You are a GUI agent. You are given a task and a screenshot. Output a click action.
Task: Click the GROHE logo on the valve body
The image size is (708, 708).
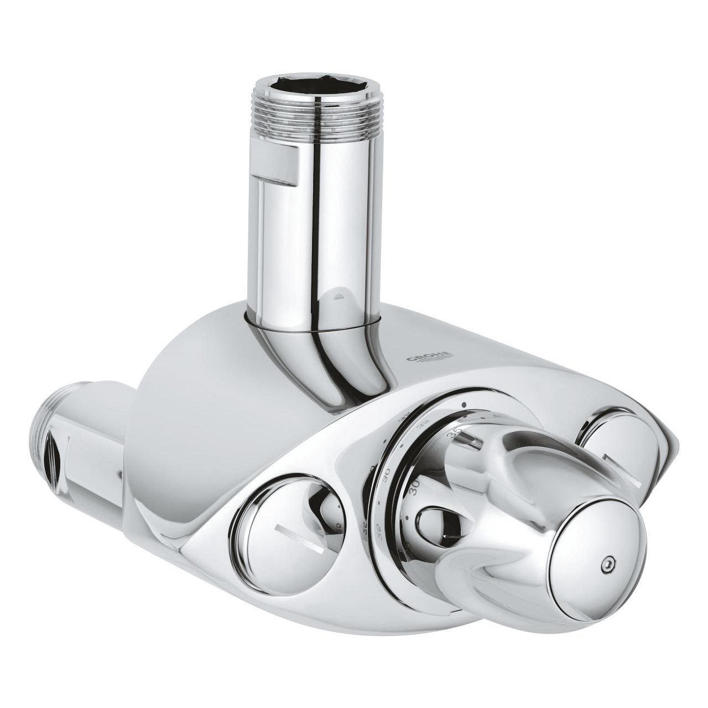pos(429,358)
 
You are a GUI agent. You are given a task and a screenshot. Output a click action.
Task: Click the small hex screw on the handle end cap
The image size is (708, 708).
pos(607,565)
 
